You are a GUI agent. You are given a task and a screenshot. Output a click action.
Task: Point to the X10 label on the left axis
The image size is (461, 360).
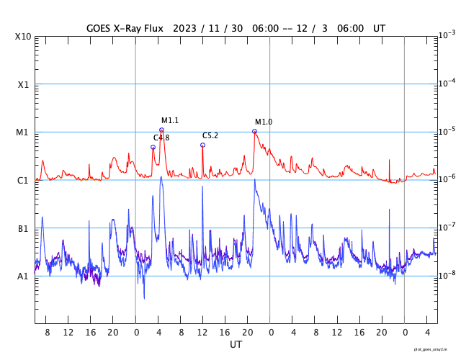(23, 37)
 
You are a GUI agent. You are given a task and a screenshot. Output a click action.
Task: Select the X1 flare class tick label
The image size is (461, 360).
(23, 84)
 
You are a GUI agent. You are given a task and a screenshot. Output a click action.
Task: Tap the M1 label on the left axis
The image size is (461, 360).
(23, 132)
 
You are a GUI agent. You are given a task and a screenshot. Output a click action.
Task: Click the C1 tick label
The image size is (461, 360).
(23, 180)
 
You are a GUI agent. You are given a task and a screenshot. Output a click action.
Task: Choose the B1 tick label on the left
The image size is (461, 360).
(23, 228)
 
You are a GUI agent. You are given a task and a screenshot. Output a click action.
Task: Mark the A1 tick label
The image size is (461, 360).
(23, 276)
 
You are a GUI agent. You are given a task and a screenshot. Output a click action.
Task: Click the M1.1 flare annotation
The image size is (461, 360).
(169, 120)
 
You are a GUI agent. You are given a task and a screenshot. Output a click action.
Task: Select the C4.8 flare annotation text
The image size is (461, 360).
(161, 138)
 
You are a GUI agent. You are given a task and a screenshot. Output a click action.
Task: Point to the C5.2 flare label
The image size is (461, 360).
(210, 135)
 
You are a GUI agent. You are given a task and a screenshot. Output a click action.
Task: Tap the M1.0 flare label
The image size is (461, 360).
(264, 122)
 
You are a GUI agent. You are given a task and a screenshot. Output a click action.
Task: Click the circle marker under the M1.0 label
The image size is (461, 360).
(254, 131)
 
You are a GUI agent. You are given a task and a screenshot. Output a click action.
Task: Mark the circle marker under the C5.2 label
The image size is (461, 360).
(202, 145)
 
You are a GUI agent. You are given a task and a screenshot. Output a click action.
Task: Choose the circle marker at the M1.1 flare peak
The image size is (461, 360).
(161, 130)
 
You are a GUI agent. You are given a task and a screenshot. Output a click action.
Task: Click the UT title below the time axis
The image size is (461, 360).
(236, 345)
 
